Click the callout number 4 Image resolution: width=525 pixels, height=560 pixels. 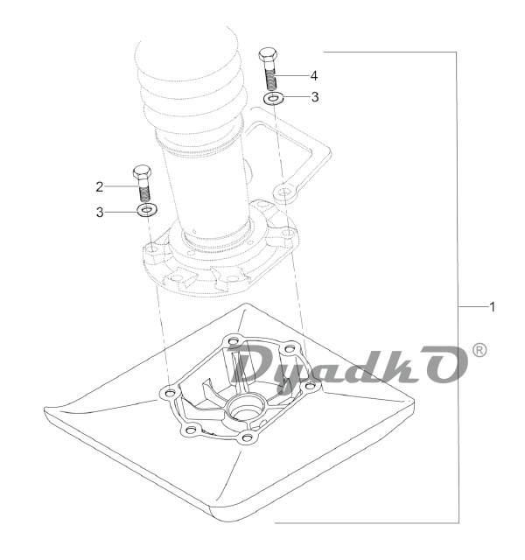tap(313, 76)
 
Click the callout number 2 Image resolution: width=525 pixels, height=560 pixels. tap(100, 186)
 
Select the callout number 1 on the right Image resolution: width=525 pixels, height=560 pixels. tap(492, 307)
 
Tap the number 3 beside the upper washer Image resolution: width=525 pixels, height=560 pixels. tap(315, 97)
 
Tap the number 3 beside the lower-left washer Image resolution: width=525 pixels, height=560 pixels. tap(100, 213)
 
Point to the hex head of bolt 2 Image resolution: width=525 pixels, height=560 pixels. tap(142, 172)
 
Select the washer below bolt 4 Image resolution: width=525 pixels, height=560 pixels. tap(273, 97)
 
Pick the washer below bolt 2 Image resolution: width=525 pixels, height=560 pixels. tap(148, 210)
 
